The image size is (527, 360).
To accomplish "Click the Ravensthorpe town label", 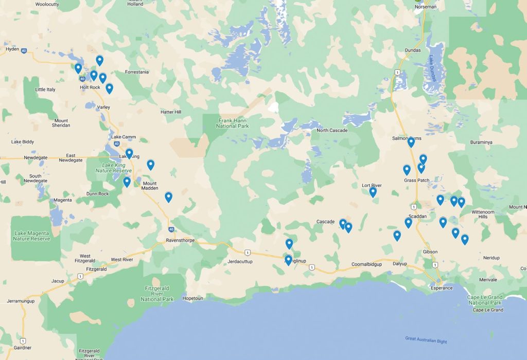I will [x=179, y=240].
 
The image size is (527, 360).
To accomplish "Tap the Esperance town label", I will [x=442, y=287].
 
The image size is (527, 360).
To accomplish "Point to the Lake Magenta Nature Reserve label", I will [x=31, y=236].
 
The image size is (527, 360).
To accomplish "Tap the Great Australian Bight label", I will [x=426, y=340].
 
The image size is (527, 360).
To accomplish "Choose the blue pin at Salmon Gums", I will [x=411, y=142].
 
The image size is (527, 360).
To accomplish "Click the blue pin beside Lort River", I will [x=373, y=192].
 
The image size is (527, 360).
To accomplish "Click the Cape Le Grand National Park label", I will [x=485, y=300].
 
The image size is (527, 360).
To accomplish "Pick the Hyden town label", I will [x=12, y=49].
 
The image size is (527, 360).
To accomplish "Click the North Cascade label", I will [x=332, y=130].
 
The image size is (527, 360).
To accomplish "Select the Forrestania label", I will [x=136, y=72].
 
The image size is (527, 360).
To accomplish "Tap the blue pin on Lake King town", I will [x=129, y=154].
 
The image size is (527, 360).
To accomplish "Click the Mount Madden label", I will [x=149, y=186].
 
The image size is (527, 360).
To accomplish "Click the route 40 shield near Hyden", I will [x=24, y=50].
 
